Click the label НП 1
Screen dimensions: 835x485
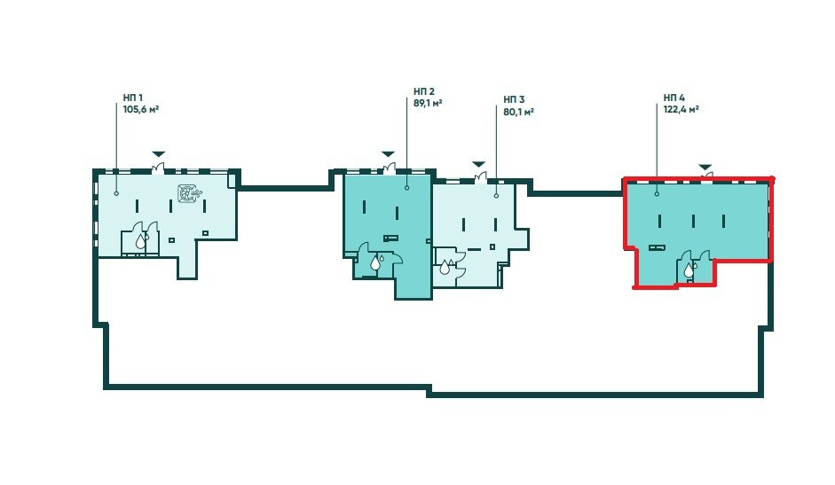coord(132,98)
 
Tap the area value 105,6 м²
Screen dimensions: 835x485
coord(141,109)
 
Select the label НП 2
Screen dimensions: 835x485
coord(424,91)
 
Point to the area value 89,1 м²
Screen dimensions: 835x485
coord(429,103)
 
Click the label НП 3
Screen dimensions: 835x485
coord(514,99)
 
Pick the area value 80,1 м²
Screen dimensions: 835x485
coord(519,111)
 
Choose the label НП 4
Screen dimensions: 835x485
coord(674,98)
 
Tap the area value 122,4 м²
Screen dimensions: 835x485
coord(681,109)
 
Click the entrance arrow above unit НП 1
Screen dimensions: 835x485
coord(159,154)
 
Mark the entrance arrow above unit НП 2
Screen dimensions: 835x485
coord(388,154)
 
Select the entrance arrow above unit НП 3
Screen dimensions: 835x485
coord(479,163)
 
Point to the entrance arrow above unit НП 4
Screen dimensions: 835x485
coord(705,167)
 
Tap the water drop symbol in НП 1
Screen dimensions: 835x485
coord(140,242)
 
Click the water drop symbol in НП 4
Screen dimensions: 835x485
coord(689,270)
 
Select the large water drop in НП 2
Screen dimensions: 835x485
coord(375,262)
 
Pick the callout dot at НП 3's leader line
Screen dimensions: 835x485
coord(496,196)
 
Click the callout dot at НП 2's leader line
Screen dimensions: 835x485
coord(406,188)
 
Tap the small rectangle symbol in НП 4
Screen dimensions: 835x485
coord(657,247)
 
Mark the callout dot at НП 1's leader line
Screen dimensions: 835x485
coord(116,193)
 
